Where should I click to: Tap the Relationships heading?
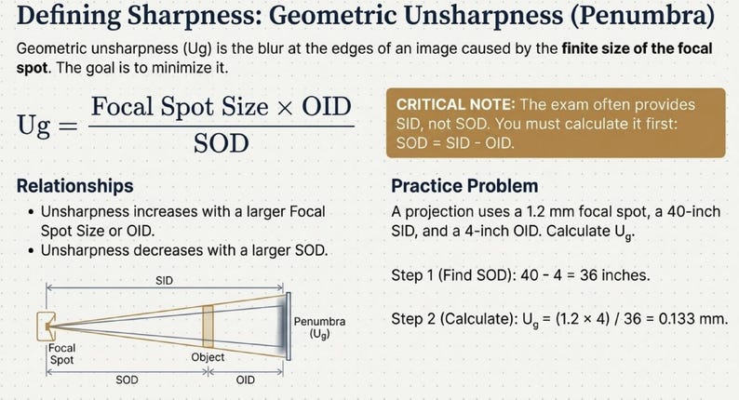(75, 186)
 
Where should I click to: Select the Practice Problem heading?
(464, 186)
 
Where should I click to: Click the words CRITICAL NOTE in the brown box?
(449, 105)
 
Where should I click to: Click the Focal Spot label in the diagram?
(61, 353)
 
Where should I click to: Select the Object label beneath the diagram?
(208, 356)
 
